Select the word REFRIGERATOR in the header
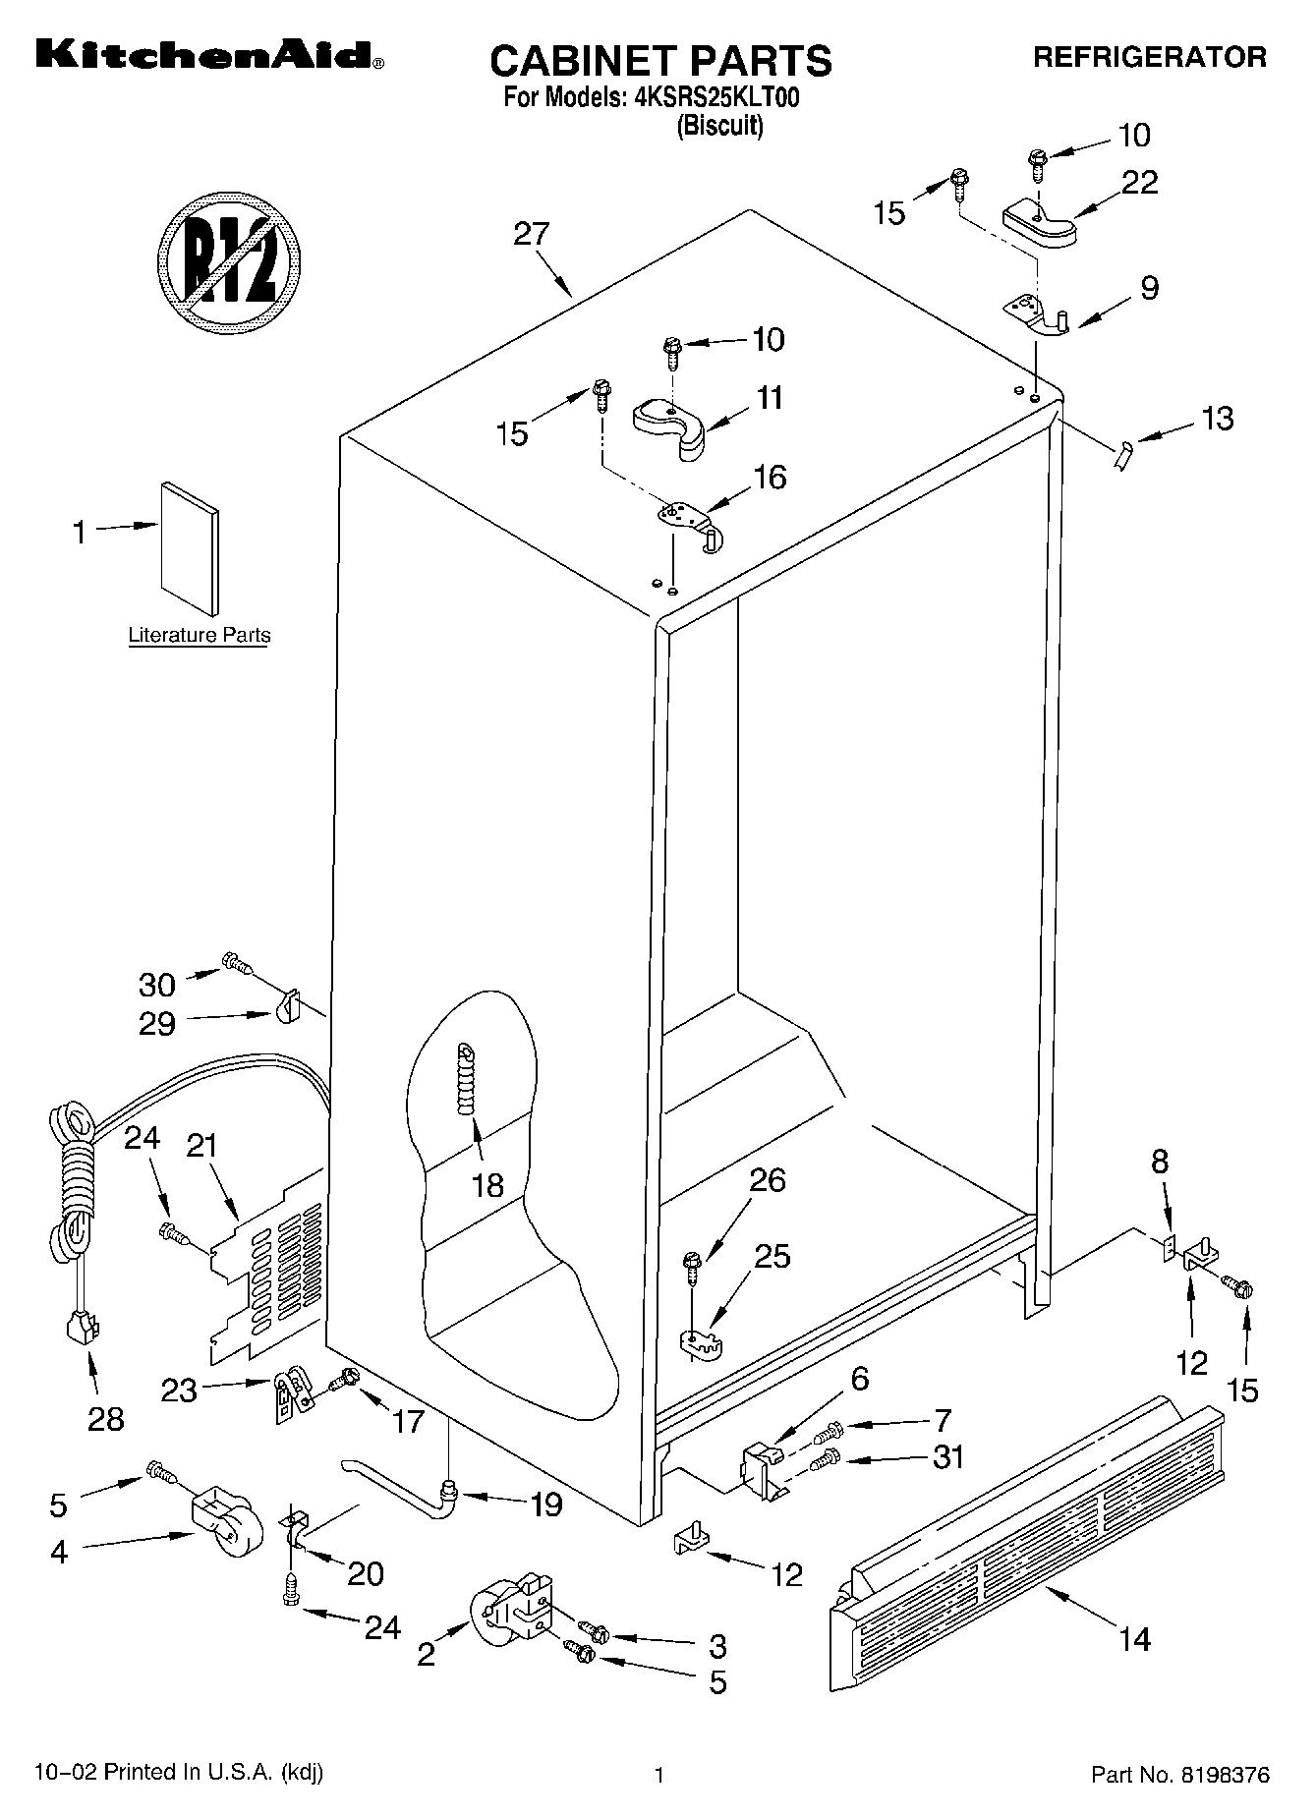pos(1149,57)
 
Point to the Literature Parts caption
pos(200,636)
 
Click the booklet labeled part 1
pos(190,546)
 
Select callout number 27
pos(531,234)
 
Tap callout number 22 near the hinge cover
pos(1139,182)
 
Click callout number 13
pos(1217,418)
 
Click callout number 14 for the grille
pos(1134,1638)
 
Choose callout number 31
pos(947,1456)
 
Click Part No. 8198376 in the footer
pos(1180,1775)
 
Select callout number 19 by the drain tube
pos(545,1504)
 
